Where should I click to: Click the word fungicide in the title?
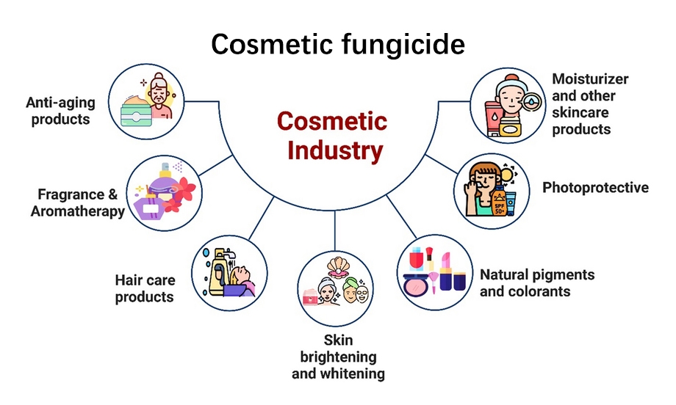(x=403, y=45)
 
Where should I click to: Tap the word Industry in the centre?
(x=335, y=150)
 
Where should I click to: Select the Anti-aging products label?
(x=60, y=111)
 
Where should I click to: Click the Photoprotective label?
(x=595, y=188)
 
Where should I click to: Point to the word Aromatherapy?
(x=78, y=211)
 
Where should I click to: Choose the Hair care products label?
(x=145, y=288)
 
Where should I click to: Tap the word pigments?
(x=565, y=274)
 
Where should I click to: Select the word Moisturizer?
(x=590, y=79)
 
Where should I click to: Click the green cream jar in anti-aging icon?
(x=136, y=111)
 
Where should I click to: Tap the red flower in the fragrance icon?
(x=184, y=189)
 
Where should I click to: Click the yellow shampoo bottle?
(x=217, y=272)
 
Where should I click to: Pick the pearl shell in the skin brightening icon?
(x=337, y=267)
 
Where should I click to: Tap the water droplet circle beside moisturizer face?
(x=531, y=103)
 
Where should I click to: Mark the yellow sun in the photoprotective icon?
(x=508, y=175)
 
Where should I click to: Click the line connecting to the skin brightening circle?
(x=335, y=230)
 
